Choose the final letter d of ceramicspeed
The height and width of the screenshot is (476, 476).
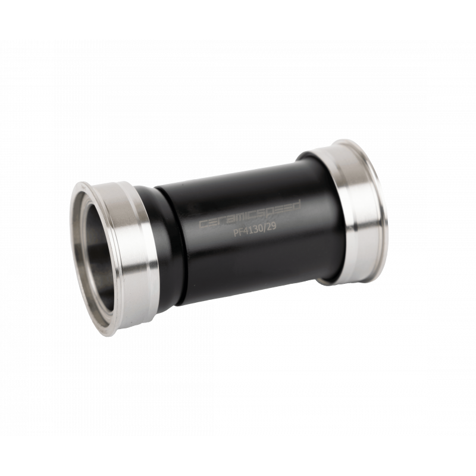coord(300,204)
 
